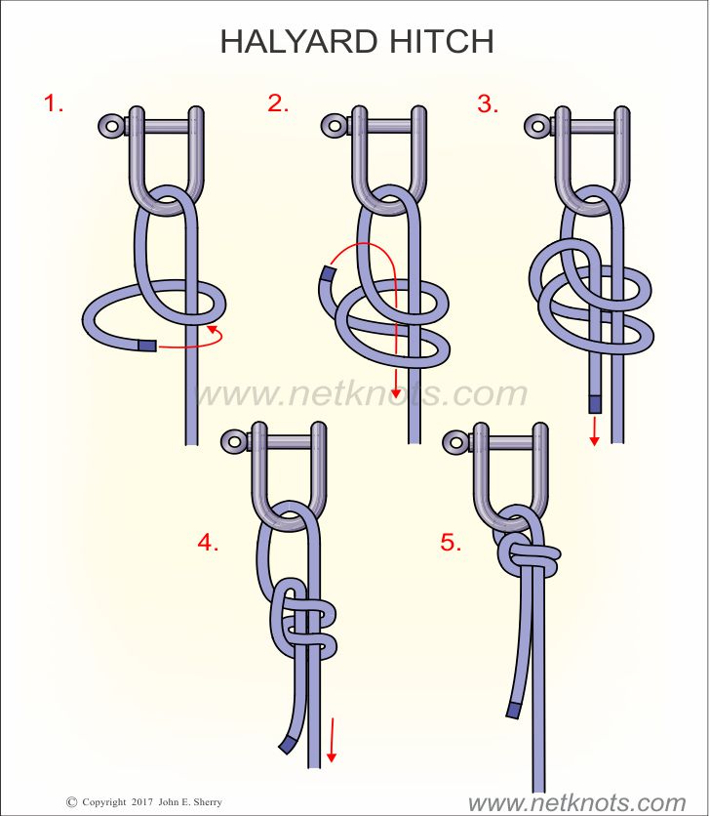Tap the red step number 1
pyautogui.click(x=53, y=103)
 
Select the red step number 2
pyautogui.click(x=278, y=103)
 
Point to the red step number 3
pyautogui.click(x=488, y=103)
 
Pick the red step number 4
pyautogui.click(x=208, y=543)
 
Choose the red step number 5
pyautogui.click(x=451, y=543)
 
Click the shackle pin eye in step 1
pyautogui.click(x=111, y=126)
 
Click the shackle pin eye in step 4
pyautogui.click(x=233, y=442)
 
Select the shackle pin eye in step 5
pyautogui.click(x=455, y=442)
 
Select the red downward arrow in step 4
pyautogui.click(x=332, y=740)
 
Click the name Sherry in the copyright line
pyautogui.click(x=208, y=802)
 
